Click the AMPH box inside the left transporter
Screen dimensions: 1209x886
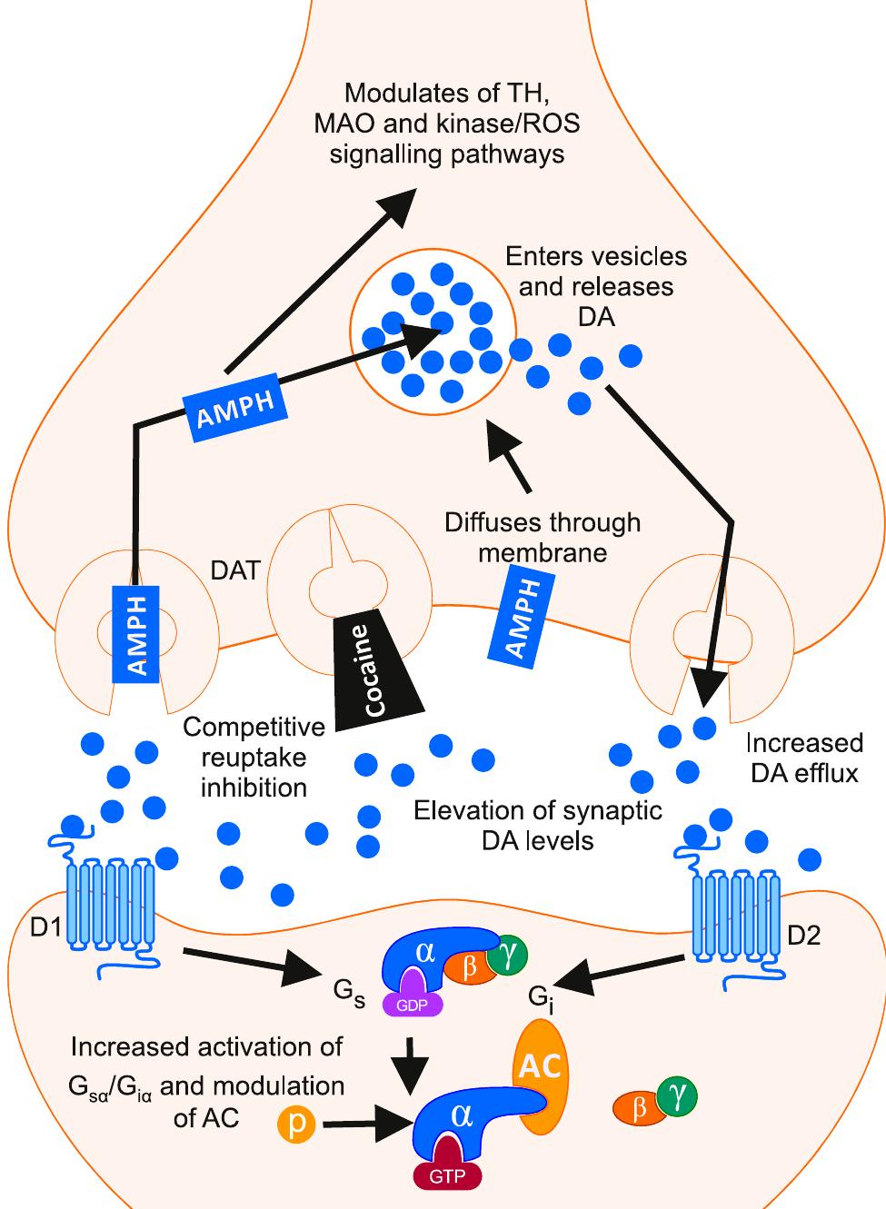(x=136, y=633)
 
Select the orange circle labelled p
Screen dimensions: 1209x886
(x=296, y=1125)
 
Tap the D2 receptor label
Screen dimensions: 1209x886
(x=804, y=935)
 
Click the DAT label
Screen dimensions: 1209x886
(x=235, y=570)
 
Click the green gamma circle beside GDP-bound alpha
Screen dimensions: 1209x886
(x=507, y=956)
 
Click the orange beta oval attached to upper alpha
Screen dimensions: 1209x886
(x=470, y=966)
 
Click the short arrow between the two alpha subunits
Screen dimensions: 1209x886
(x=414, y=1063)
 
